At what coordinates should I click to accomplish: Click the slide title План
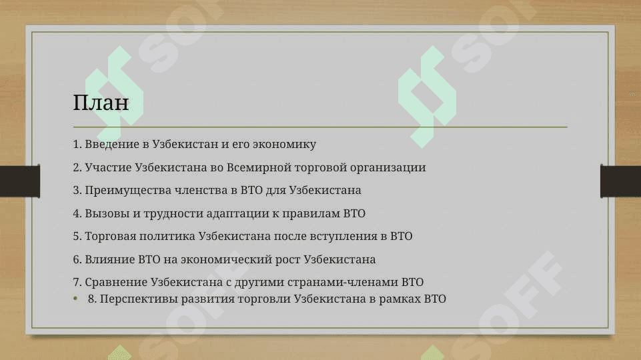pos(101,102)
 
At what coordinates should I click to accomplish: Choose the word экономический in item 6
pos(226,259)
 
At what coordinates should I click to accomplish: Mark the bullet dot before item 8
pos(75,299)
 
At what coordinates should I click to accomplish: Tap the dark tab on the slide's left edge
pos(20,181)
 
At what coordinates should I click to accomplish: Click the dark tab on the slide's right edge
pos(620,181)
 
